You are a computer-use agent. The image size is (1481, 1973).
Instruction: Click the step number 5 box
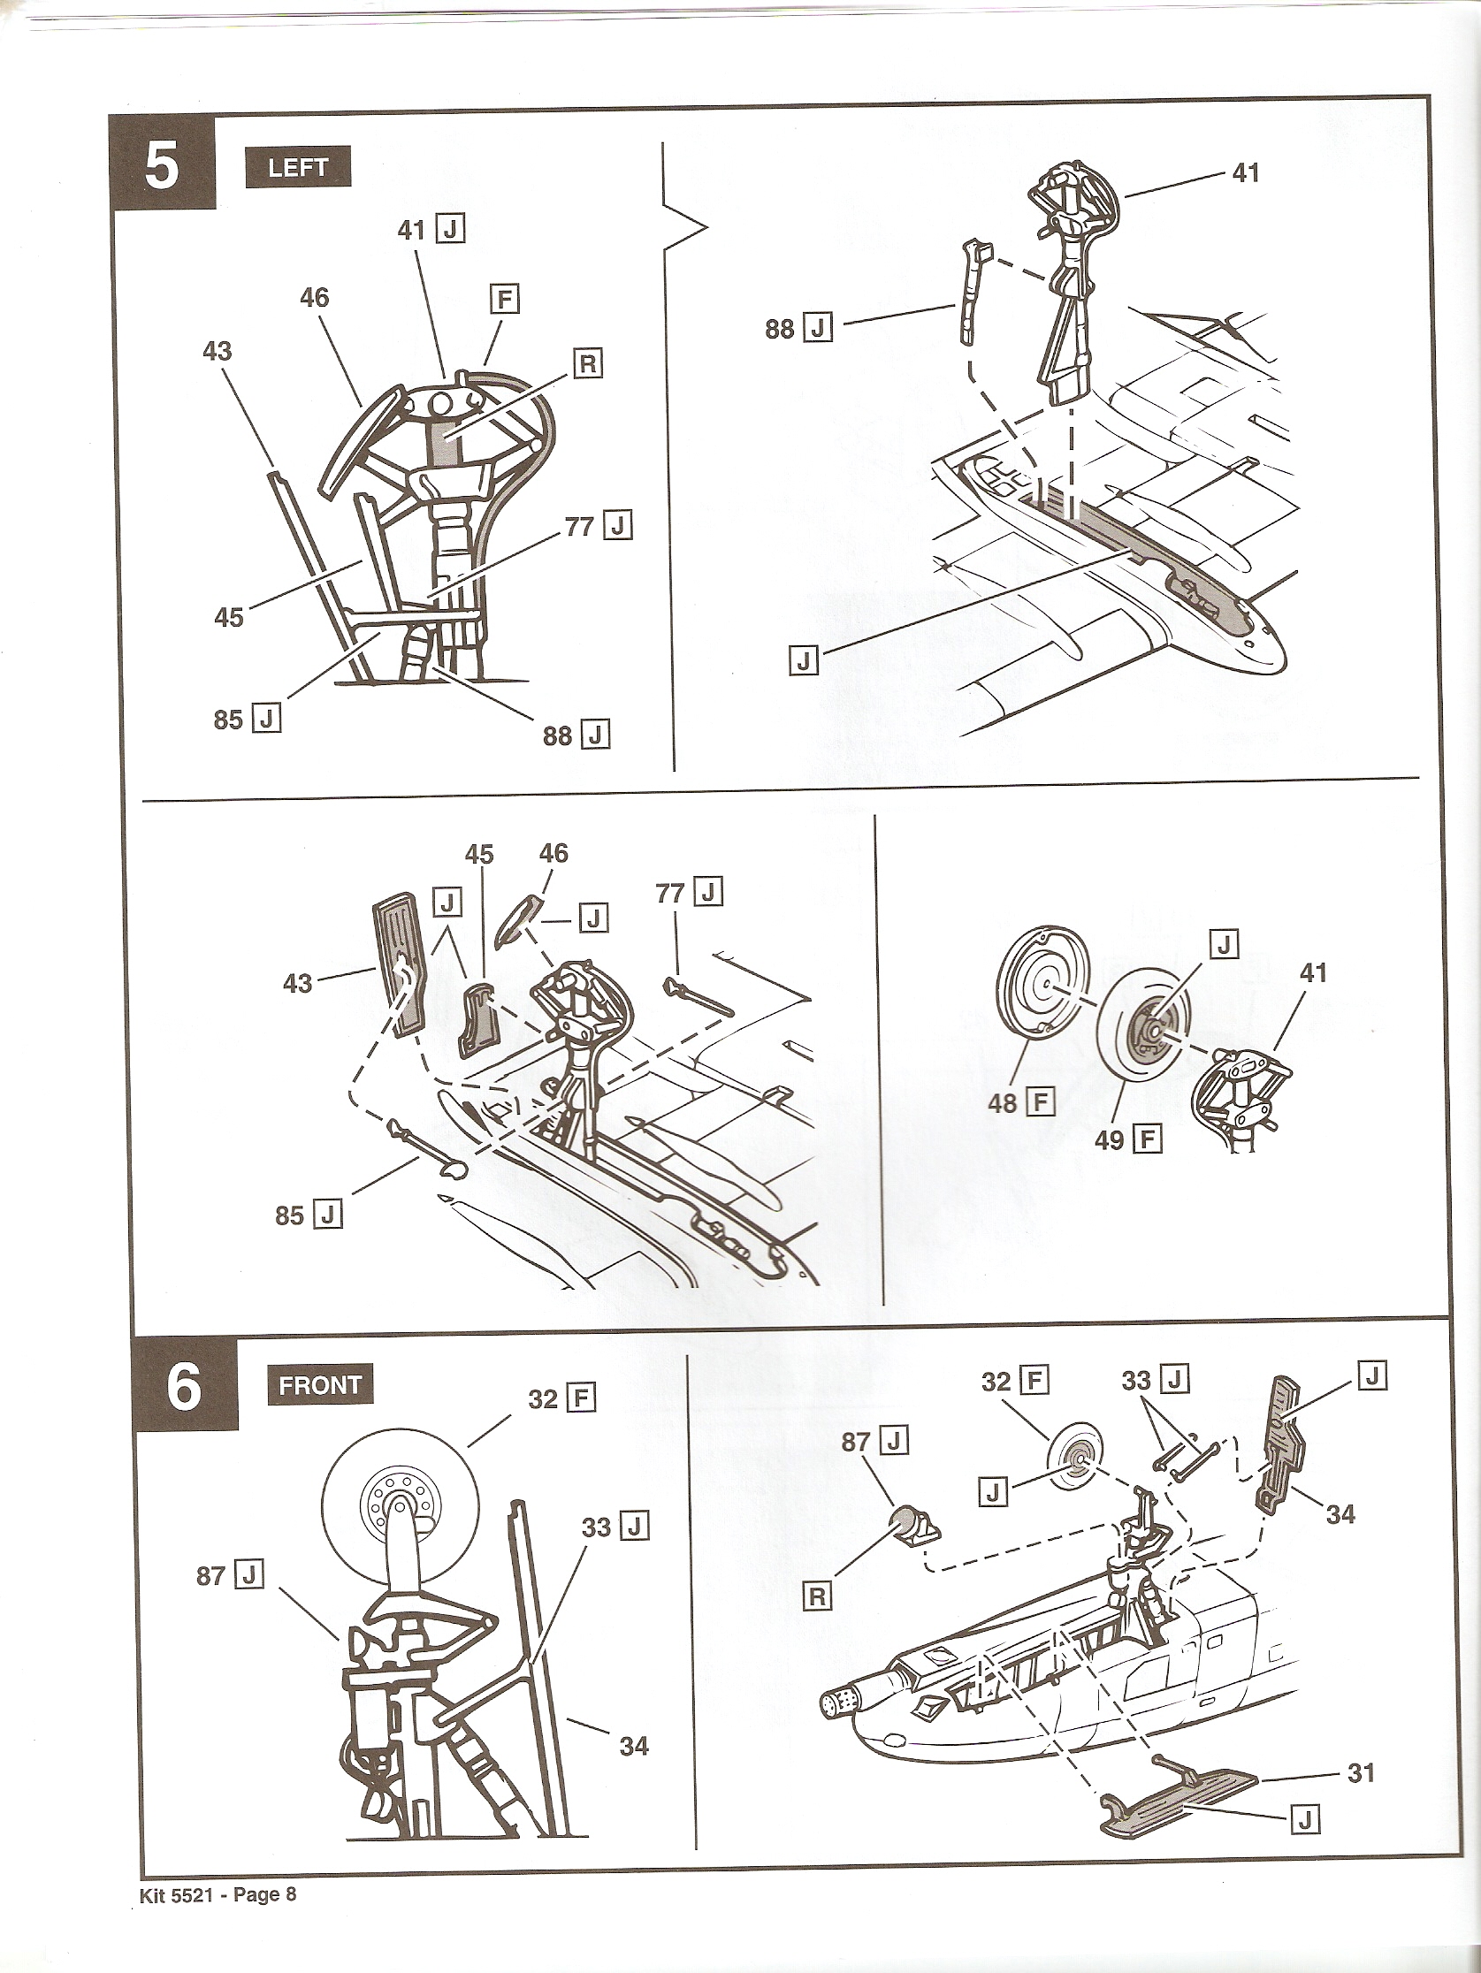click(162, 165)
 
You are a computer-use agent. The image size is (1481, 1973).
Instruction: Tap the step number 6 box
click(184, 1390)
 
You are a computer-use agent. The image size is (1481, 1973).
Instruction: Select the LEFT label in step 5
click(297, 168)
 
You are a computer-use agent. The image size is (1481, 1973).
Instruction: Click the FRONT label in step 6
click(319, 1385)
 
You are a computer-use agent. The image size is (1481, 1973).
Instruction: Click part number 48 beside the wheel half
click(1003, 1102)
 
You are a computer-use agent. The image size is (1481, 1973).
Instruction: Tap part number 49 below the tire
click(1109, 1139)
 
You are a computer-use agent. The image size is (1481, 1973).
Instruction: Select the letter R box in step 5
click(588, 364)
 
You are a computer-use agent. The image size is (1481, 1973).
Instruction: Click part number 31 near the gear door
click(1361, 1772)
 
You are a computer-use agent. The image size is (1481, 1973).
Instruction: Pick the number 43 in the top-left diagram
click(217, 352)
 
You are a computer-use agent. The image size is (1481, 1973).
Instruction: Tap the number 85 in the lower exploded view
click(289, 1215)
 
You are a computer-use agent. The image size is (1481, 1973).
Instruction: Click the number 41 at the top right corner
click(1245, 172)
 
